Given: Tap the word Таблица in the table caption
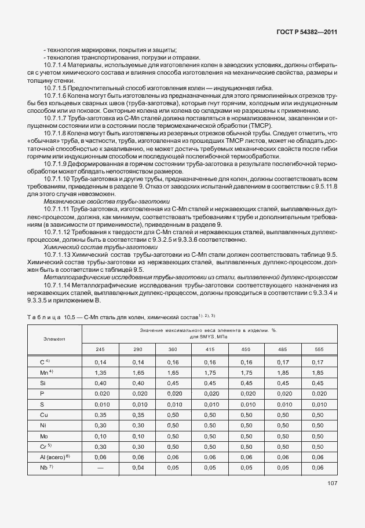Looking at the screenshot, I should [44, 316].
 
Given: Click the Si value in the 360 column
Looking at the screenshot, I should [173, 384].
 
